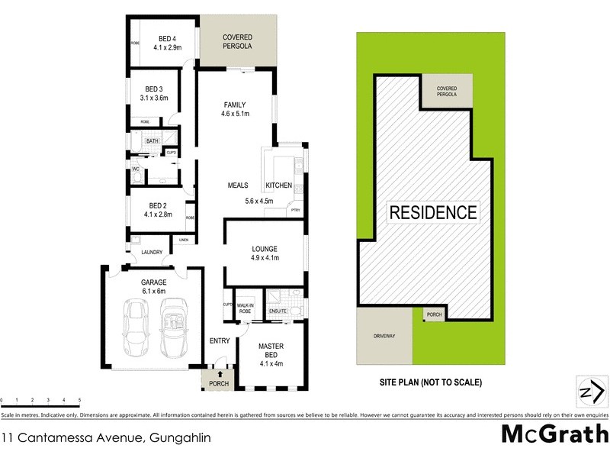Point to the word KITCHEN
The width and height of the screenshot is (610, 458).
278,186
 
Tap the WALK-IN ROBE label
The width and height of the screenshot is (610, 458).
246,308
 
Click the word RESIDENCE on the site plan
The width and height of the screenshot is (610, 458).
433,212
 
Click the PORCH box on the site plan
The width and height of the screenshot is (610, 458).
435,314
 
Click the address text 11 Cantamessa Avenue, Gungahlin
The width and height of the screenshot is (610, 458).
106,437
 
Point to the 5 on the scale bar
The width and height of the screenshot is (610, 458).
79,400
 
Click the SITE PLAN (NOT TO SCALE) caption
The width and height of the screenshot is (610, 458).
431,382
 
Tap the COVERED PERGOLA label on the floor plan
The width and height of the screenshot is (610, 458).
237,42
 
